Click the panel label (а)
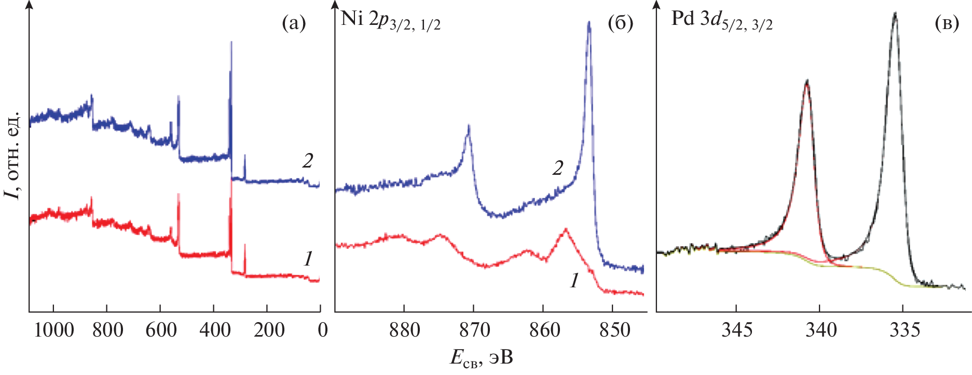point(294,24)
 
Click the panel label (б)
point(620,24)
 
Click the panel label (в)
point(947,24)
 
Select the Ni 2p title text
point(390,21)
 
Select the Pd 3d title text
point(722,21)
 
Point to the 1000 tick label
point(53,330)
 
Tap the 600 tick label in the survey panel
point(161,330)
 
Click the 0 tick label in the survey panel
point(322,330)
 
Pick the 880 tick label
point(404,330)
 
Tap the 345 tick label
point(736,330)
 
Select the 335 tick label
point(904,330)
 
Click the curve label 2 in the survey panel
point(308,161)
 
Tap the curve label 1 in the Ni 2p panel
point(574,281)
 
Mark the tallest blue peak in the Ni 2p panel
point(588,22)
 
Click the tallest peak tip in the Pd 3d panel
point(895,14)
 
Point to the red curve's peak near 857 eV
point(565,229)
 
